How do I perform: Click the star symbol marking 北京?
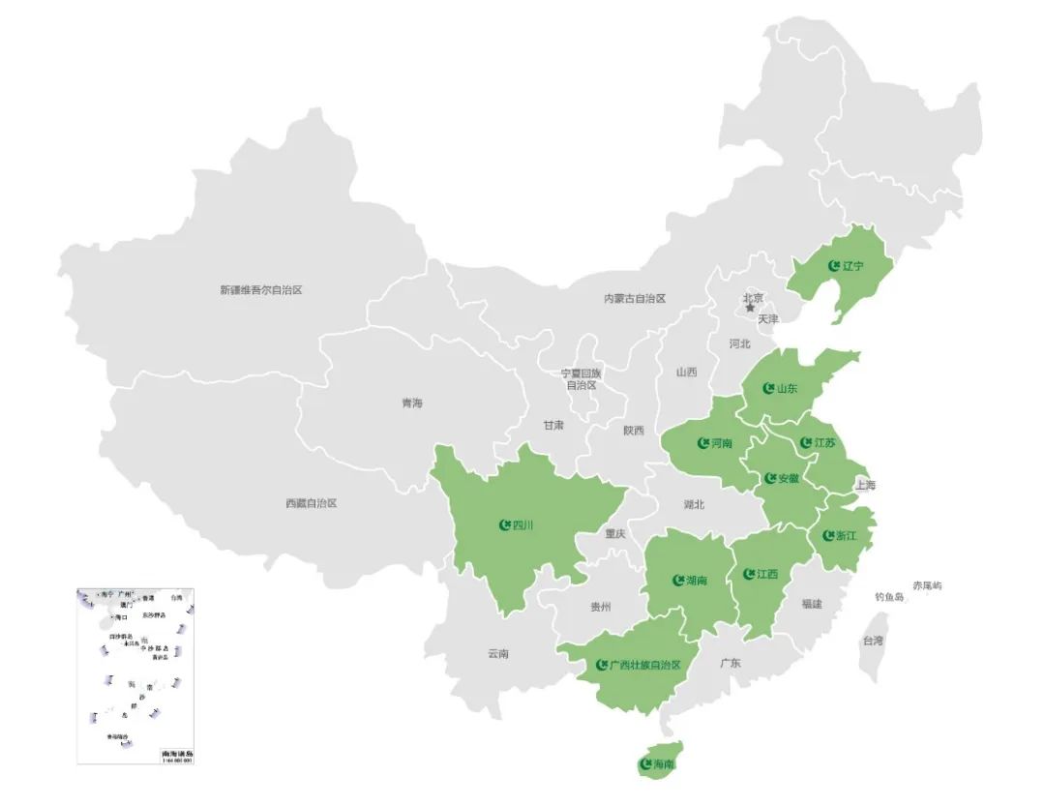750,309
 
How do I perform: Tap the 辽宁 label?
852,265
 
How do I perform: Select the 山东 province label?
787,389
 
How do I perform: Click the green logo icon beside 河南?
703,444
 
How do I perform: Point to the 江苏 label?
824,443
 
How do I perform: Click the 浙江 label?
846,535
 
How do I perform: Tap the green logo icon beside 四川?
504,525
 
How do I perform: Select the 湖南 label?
696,581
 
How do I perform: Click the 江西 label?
767,574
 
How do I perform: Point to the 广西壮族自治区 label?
645,666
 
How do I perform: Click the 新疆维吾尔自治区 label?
261,289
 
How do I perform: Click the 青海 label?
413,403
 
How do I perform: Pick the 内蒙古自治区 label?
635,299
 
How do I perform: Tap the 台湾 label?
873,641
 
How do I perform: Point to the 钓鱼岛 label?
888,597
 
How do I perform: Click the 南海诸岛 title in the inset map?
177,752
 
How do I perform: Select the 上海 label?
865,485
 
